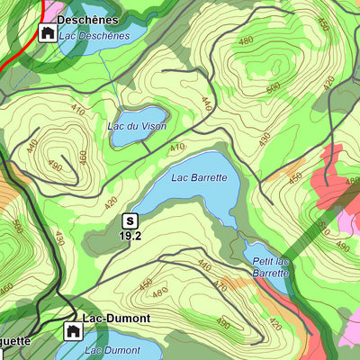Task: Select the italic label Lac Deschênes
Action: click(x=94, y=36)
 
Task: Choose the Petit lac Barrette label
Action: click(x=270, y=266)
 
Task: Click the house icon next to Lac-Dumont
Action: click(x=71, y=331)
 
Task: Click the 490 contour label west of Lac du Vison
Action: click(x=55, y=166)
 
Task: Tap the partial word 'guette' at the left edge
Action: click(x=15, y=341)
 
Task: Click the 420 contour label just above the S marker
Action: click(x=111, y=202)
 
